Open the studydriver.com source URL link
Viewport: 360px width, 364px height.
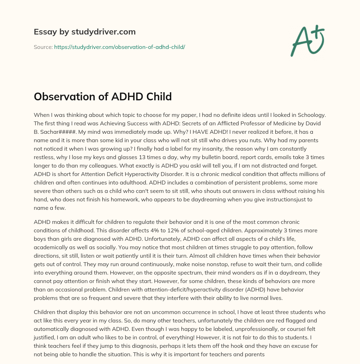[120, 47]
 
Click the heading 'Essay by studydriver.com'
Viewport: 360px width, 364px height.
[85, 32]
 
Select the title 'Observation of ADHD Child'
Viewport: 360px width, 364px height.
[103, 96]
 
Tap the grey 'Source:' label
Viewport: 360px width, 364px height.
[43, 47]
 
